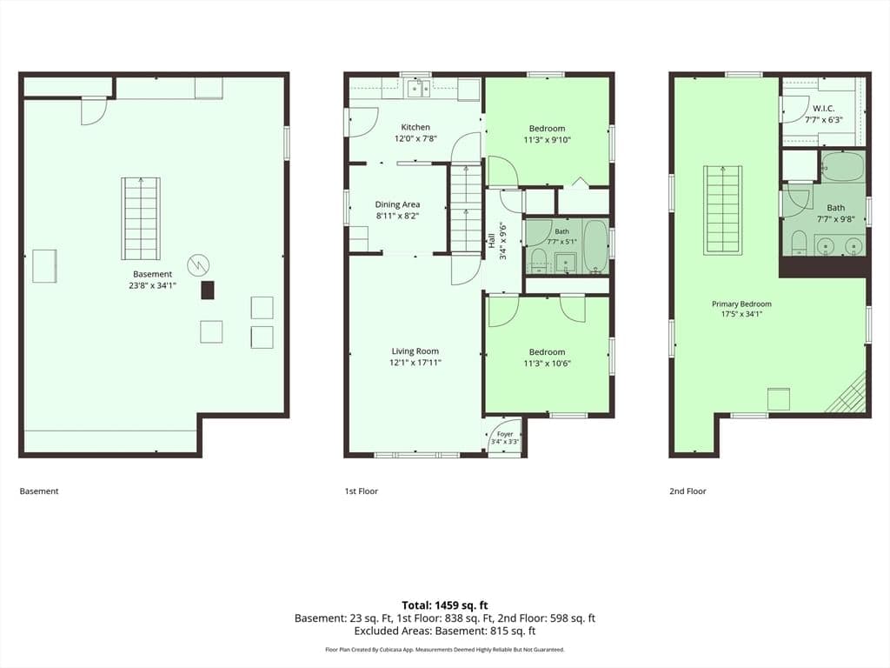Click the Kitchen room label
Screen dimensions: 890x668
point(415,127)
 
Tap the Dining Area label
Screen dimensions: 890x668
point(397,204)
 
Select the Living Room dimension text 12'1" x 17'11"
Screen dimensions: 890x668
point(415,363)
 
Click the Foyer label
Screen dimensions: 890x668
point(505,434)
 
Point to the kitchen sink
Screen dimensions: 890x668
point(418,89)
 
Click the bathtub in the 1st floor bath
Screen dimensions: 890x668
point(595,246)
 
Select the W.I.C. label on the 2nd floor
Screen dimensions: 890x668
point(824,108)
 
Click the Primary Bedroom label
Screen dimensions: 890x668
point(741,304)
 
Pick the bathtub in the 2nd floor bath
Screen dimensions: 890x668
point(843,166)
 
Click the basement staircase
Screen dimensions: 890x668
point(141,218)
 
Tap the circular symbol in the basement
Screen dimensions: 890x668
point(198,264)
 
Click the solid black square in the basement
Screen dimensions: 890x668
point(208,290)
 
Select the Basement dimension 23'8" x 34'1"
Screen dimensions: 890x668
point(153,285)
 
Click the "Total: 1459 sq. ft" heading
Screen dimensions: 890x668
point(445,605)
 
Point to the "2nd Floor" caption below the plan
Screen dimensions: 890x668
point(688,491)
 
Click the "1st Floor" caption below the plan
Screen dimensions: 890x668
point(361,491)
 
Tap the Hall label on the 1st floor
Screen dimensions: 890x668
point(491,240)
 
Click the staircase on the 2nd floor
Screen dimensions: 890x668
point(723,210)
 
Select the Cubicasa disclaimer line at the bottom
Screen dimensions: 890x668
point(445,650)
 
